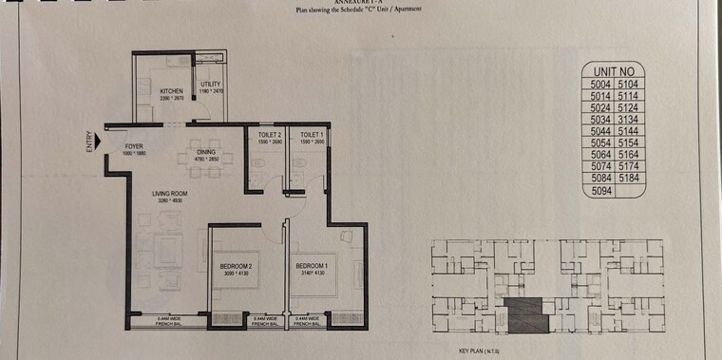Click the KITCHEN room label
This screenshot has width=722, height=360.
point(171,91)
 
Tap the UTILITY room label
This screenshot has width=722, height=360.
point(210,85)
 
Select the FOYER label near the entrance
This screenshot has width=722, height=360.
point(131,146)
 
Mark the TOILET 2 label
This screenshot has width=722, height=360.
point(270,136)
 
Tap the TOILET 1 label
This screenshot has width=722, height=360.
point(312,136)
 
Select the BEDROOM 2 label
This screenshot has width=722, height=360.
point(233,266)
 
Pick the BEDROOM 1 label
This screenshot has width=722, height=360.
point(311,265)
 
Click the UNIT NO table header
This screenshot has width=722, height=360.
point(613,71)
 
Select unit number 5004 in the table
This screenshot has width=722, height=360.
point(598,84)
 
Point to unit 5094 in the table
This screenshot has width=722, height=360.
point(598,191)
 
